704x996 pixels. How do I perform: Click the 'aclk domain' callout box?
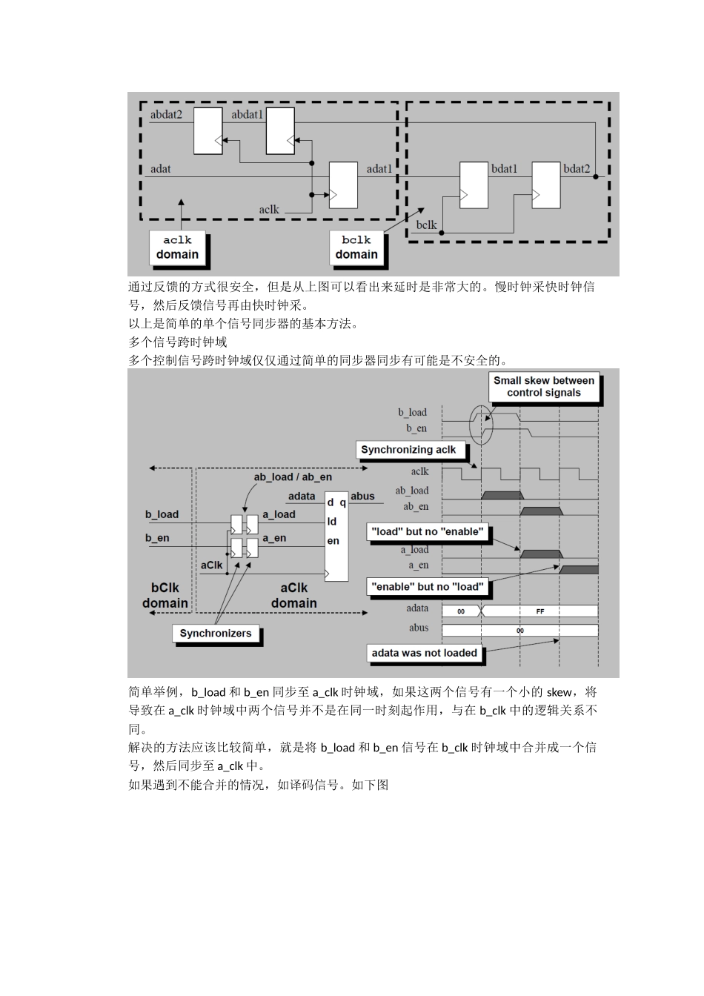click(177, 248)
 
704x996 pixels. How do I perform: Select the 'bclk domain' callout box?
click(356, 248)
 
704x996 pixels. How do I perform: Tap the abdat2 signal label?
click(166, 115)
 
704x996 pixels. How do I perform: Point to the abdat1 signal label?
click(248, 115)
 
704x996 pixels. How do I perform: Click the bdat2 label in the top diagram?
click(577, 169)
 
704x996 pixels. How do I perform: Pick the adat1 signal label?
click(379, 169)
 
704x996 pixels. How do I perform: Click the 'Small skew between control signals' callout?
click(543, 387)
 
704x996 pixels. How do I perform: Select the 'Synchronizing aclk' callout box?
click(408, 450)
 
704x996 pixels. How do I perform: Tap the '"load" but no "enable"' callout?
click(427, 531)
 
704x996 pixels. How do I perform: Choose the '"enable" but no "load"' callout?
click(427, 587)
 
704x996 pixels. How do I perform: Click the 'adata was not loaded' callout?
click(424, 653)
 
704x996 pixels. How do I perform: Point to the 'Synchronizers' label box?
click(216, 634)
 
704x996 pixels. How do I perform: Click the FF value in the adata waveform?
click(540, 612)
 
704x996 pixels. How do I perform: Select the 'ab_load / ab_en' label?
click(293, 477)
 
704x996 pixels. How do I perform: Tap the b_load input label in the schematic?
click(162, 514)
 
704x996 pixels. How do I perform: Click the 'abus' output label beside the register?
click(362, 497)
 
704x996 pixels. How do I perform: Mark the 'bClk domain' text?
click(165, 596)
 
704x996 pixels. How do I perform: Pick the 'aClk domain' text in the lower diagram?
click(293, 596)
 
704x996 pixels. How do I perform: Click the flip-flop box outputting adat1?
click(343, 185)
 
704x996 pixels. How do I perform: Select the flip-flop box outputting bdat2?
click(546, 185)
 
